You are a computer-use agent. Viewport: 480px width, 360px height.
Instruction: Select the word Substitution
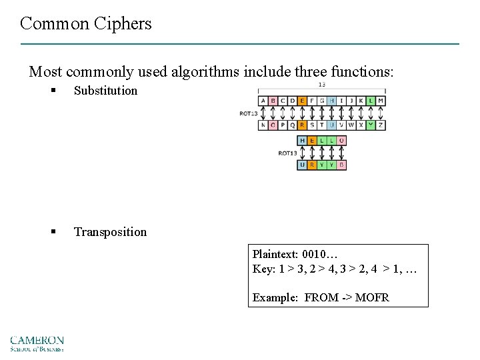point(105,91)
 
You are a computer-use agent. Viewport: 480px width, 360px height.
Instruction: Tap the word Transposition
point(110,232)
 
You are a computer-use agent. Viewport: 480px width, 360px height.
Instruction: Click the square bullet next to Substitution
point(53,91)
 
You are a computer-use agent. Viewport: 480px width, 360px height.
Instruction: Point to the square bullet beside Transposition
point(53,232)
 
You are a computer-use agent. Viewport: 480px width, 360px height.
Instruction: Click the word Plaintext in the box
point(275,255)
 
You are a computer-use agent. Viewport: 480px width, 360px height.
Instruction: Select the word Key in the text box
point(261,269)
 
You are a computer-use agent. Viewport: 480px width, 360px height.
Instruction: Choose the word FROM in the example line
point(321,298)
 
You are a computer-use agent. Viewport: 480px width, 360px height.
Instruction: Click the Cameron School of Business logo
point(37,343)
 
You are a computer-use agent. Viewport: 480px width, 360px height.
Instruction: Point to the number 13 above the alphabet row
point(321,85)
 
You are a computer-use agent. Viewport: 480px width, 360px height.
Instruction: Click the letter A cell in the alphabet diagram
point(263,101)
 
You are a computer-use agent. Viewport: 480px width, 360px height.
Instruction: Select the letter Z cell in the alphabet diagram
point(381,125)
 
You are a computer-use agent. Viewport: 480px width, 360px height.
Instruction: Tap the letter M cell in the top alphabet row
point(381,101)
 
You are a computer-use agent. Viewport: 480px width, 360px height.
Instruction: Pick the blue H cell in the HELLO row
point(303,141)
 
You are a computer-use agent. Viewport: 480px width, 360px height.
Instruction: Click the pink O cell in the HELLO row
point(341,141)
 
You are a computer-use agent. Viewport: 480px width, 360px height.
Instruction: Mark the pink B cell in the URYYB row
point(341,165)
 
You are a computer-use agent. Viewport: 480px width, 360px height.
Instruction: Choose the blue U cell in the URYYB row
point(303,165)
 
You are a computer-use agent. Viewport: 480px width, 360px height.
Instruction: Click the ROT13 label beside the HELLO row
point(287,153)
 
